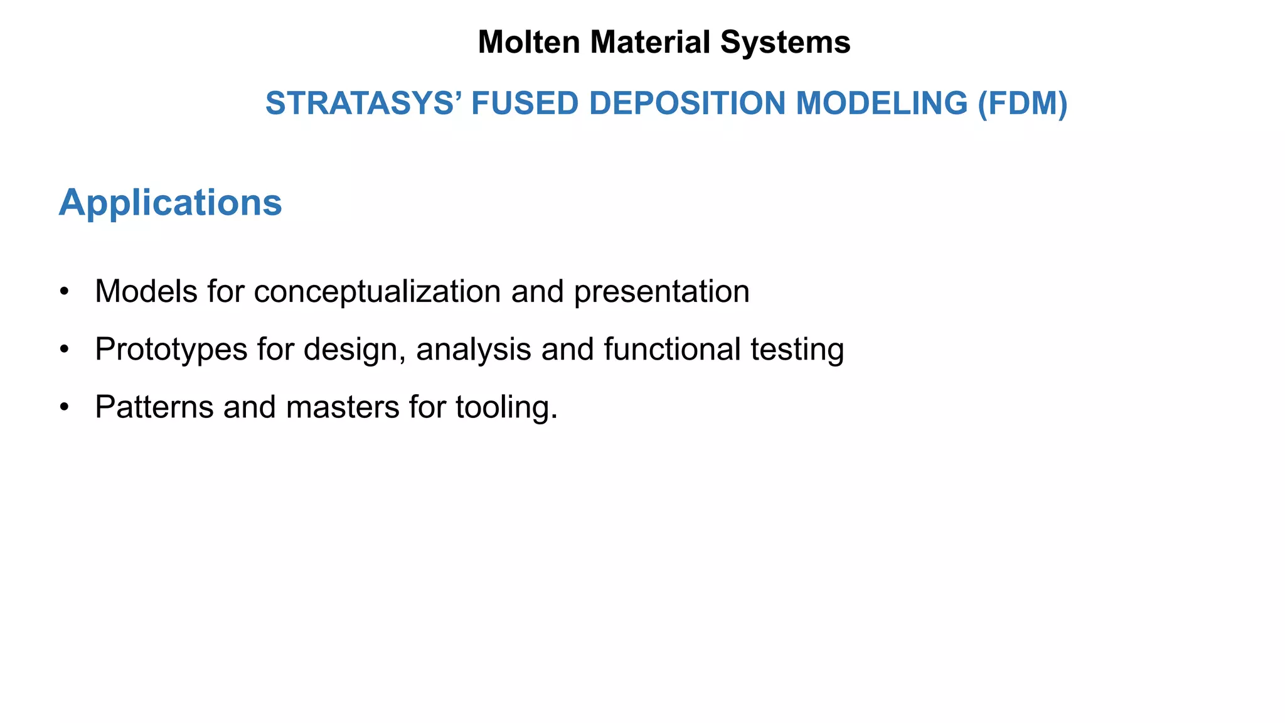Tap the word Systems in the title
(785, 43)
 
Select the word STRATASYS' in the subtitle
(363, 104)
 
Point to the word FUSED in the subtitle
(525, 104)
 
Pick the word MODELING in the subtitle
(882, 104)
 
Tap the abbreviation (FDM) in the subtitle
(1022, 104)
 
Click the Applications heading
(170, 203)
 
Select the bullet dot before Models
(63, 292)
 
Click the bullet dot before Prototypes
(63, 350)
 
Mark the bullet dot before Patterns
(63, 407)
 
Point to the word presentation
(661, 292)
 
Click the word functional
(672, 350)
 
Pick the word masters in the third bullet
(343, 407)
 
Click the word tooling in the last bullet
(501, 407)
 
